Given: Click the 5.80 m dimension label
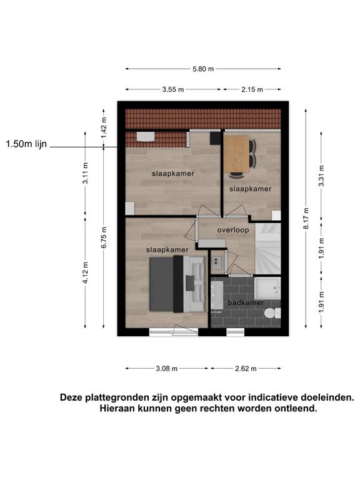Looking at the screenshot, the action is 203,69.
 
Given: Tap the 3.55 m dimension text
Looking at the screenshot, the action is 173,89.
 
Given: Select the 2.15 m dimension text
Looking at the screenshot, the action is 252,89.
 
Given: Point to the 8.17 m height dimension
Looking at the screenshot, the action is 306,218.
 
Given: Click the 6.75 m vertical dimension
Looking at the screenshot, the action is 104,237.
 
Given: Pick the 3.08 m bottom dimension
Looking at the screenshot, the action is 166,368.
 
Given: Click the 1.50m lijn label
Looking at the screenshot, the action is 26,144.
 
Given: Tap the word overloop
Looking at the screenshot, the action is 233,230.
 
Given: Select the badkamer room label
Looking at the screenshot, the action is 246,302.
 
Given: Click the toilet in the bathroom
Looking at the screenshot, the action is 272,313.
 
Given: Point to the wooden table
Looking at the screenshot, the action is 236,154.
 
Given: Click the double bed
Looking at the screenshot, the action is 177,284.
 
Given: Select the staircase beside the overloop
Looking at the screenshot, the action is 268,249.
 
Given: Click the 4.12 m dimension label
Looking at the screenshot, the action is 86,272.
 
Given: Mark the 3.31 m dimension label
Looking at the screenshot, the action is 321,176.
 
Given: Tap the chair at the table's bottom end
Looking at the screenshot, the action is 237,175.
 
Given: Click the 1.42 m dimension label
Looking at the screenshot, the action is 104,127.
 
